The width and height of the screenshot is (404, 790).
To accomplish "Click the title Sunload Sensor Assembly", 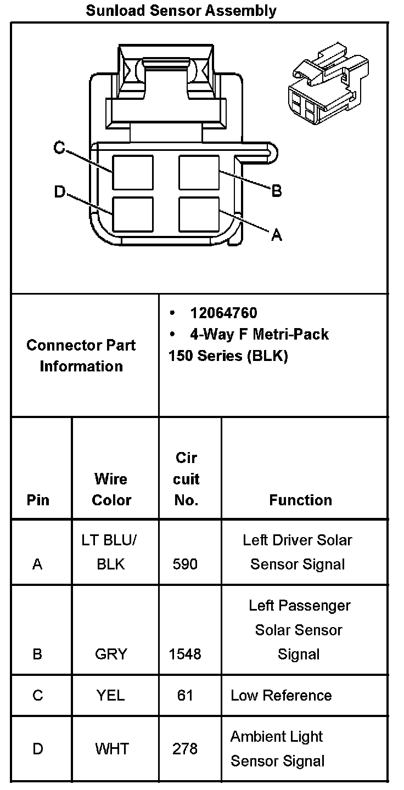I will coord(181,10).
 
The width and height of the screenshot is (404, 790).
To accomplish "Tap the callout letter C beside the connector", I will coord(59,148).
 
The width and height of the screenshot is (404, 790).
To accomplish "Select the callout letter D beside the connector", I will coord(59,192).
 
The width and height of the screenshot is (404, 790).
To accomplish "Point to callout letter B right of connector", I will coord(277,191).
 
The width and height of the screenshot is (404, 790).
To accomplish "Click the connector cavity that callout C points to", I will coord(133,172).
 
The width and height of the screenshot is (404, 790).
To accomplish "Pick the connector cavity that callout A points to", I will coord(199,214).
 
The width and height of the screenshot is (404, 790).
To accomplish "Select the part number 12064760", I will coord(223,313).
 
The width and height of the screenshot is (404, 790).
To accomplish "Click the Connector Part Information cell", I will coord(81,356).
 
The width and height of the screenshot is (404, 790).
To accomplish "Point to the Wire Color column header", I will coord(111,489).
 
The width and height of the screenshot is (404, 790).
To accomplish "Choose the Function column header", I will coord(300,500).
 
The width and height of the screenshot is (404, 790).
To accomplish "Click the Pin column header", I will coord(38,500).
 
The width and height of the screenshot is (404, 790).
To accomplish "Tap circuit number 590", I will coord(185,564).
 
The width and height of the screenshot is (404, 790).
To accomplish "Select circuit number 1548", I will coord(186,654).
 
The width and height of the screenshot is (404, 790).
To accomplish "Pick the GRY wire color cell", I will coord(111,654).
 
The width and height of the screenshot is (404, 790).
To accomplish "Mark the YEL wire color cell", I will coord(111,695).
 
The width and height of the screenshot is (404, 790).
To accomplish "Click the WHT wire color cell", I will coord(111,748).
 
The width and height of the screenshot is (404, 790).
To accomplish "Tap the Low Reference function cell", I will coord(281,695).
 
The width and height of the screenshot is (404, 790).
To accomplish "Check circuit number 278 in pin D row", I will coord(185,748).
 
